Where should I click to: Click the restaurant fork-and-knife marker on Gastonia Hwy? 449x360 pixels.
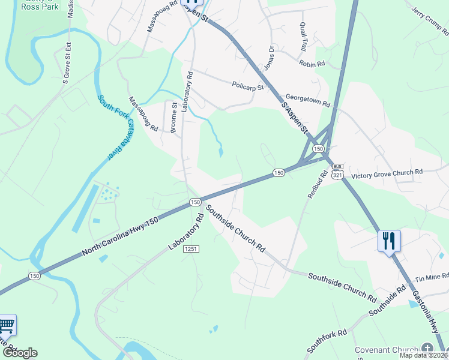[x=389, y=241]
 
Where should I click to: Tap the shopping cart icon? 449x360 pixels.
[x=7, y=326]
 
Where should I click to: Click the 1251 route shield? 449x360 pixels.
[x=191, y=248]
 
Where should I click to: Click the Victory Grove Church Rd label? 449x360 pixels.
[x=387, y=173]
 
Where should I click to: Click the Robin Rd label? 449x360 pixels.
[x=312, y=63]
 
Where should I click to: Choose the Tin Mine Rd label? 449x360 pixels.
[x=432, y=278]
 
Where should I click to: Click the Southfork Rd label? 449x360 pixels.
[x=327, y=341]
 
